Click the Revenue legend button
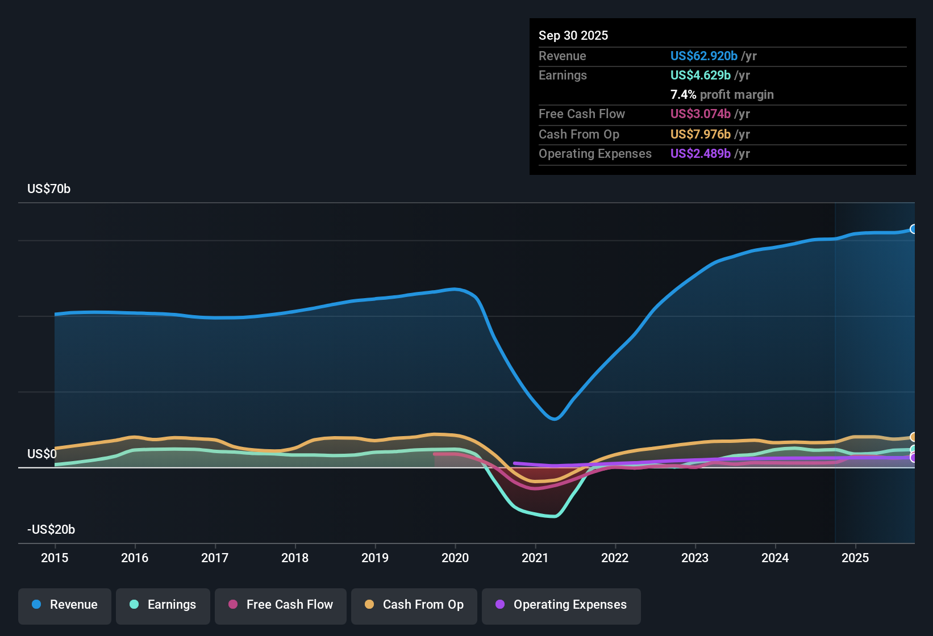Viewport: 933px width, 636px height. [x=65, y=605]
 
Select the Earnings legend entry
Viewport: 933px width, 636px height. [x=163, y=605]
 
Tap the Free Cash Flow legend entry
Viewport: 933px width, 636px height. [x=281, y=605]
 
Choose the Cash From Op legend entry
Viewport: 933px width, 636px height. [x=414, y=605]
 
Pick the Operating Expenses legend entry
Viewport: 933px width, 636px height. [x=561, y=605]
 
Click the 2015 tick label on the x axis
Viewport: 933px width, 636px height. [x=55, y=558]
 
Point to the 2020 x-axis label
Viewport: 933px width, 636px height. [x=455, y=558]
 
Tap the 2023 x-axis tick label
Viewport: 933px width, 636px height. [x=695, y=558]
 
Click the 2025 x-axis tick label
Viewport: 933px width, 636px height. [x=855, y=558]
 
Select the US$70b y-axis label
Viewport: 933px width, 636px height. [x=49, y=189]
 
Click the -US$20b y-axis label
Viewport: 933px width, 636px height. [x=51, y=530]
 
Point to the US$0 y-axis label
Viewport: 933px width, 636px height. [x=42, y=454]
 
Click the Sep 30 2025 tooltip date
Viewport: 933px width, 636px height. [x=573, y=36]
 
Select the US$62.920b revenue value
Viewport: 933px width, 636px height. [x=704, y=56]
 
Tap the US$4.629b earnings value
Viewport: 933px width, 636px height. [x=701, y=76]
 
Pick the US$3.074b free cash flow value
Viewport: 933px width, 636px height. [x=701, y=114]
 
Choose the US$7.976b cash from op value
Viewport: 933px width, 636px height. [x=701, y=135]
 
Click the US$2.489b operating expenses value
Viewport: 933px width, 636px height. [x=701, y=154]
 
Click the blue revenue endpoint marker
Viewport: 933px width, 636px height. [x=914, y=229]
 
